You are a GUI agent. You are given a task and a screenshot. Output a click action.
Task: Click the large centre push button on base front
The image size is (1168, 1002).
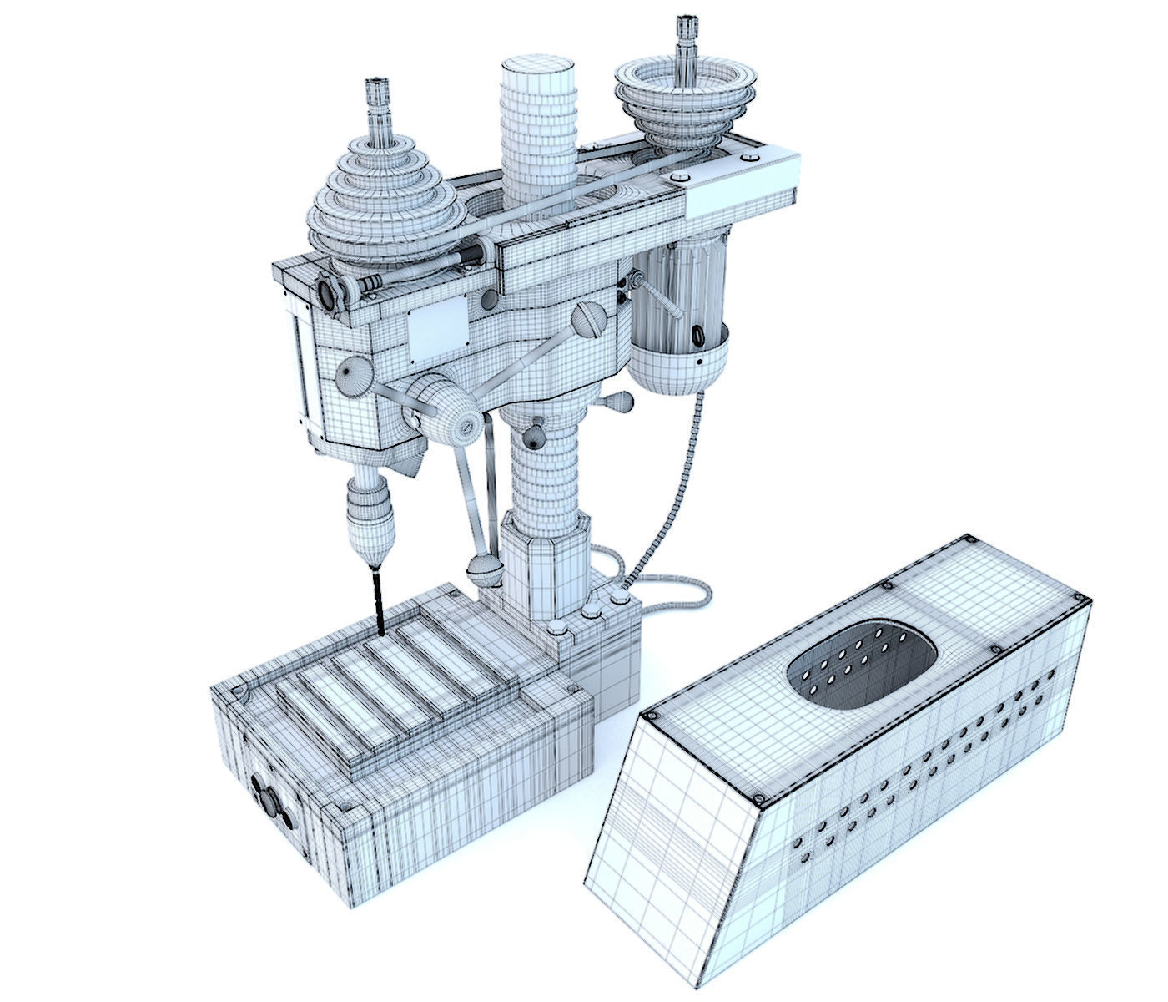tap(270, 802)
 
